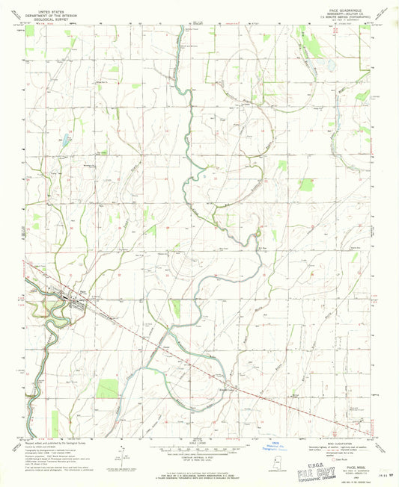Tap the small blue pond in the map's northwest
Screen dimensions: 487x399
tap(65, 140)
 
